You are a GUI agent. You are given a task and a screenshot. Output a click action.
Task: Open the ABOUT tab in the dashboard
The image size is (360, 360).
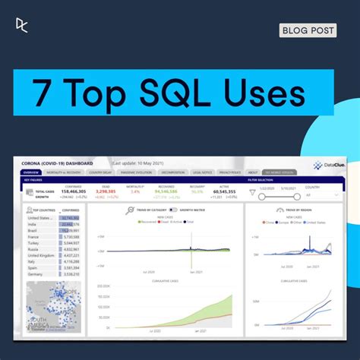coord(253,172)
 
